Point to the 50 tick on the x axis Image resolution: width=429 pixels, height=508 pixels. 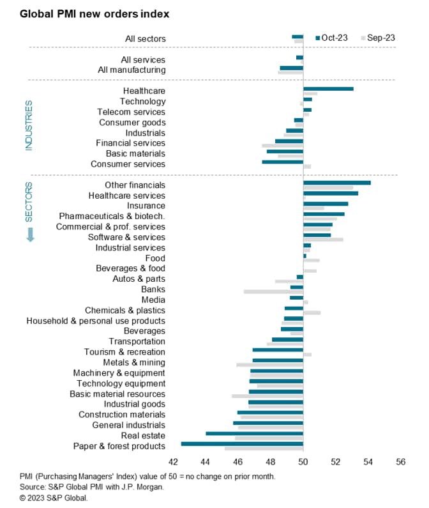[303, 461]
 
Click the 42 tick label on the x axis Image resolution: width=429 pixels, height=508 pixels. [173, 461]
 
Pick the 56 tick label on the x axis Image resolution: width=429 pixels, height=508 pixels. [401, 461]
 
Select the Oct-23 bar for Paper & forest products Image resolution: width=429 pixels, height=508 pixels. [242, 443]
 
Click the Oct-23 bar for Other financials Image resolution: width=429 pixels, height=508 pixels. [336, 183]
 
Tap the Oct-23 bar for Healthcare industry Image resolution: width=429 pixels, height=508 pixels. [328, 88]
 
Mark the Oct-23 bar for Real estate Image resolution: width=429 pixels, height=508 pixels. [254, 433]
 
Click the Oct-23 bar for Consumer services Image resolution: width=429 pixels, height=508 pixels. [282, 162]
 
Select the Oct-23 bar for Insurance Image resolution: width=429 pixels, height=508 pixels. [326, 204]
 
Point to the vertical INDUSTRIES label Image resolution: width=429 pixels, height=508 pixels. [29, 125]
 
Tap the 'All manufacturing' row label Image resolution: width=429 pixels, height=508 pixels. [132, 70]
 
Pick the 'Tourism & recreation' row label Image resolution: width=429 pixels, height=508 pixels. [124, 352]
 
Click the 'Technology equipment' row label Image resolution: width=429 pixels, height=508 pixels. [121, 383]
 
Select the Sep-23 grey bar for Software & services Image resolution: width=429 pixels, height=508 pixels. [323, 240]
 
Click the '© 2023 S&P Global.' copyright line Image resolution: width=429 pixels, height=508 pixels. [54, 497]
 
